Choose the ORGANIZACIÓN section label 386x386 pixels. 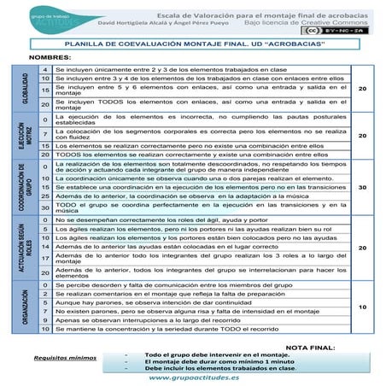[x=24, y=306]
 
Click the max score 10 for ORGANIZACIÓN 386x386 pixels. [x=361, y=306]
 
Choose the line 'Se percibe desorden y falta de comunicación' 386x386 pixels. [x=171, y=284]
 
